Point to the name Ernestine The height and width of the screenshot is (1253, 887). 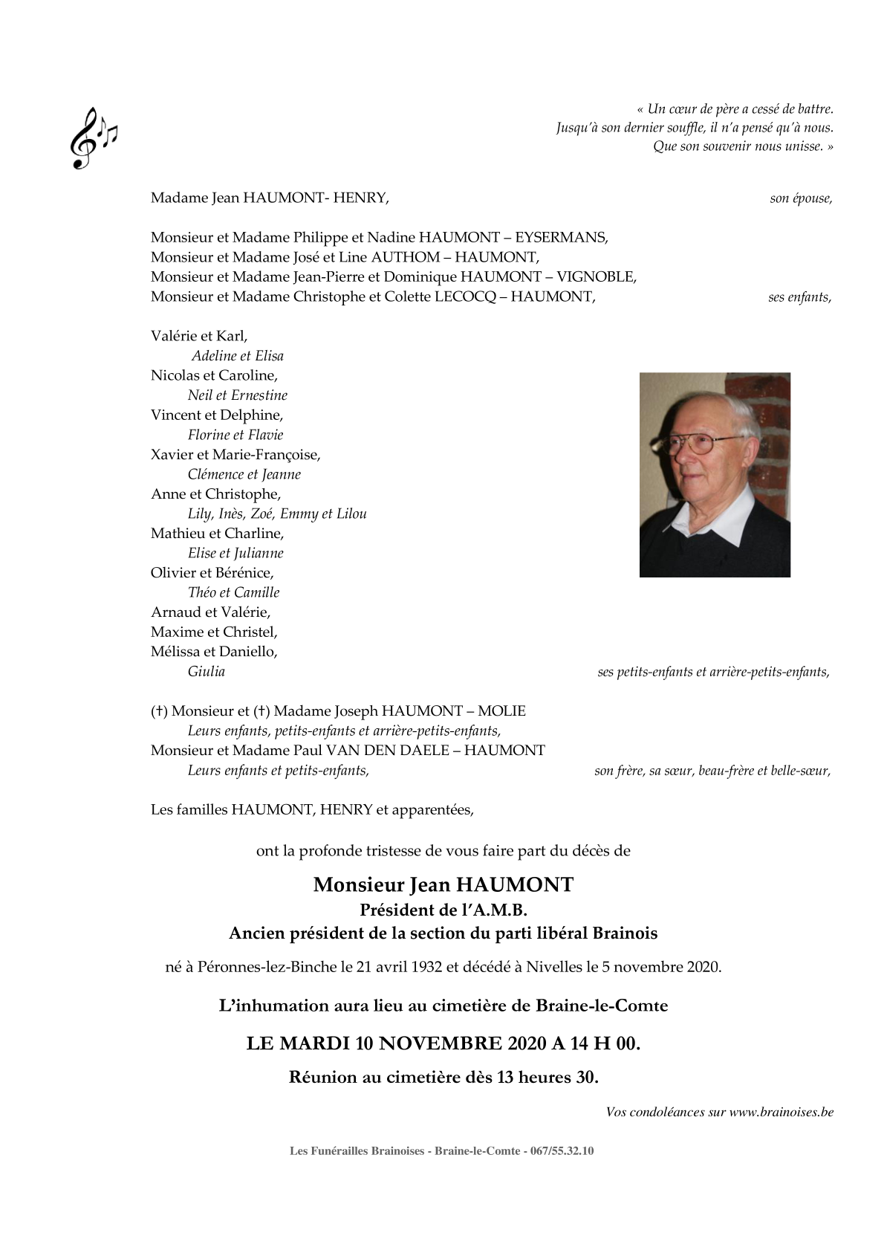click(x=259, y=395)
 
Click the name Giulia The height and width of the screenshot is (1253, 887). click(x=207, y=672)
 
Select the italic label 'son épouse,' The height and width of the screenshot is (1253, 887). click(x=801, y=198)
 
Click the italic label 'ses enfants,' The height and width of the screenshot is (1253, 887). click(x=799, y=297)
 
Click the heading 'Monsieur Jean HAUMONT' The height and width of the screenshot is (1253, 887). click(x=443, y=885)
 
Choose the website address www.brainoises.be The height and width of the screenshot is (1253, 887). click(x=781, y=1113)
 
